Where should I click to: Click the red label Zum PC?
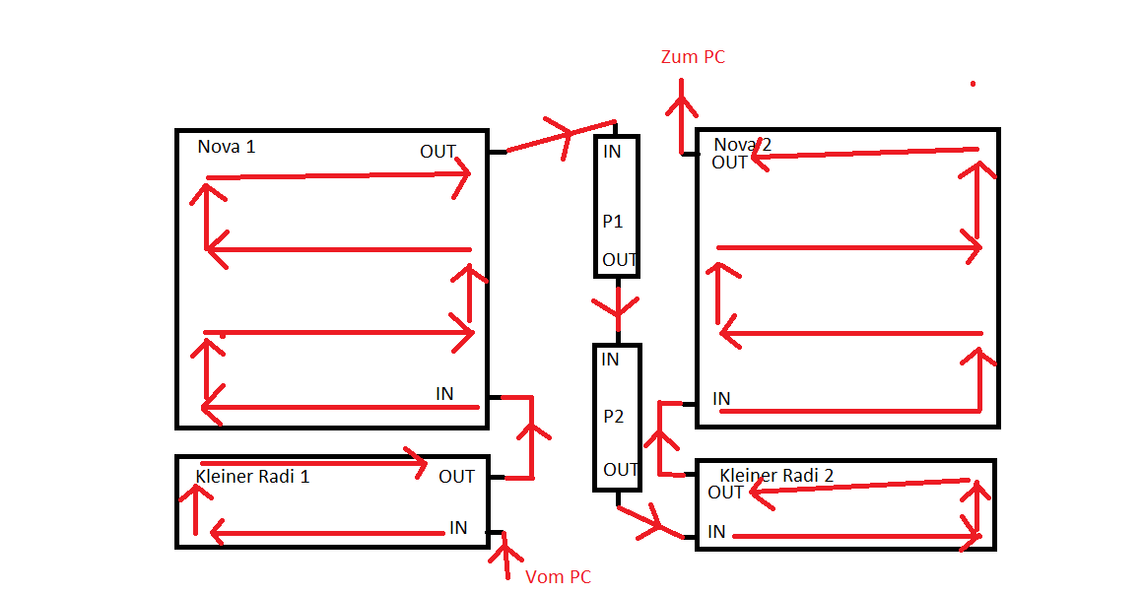coord(693,57)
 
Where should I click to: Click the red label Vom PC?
coord(558,577)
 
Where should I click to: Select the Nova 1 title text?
coord(226,147)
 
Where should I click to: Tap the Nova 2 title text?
coord(742,146)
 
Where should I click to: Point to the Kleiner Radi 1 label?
coord(252,477)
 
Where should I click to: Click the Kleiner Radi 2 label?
coord(776,476)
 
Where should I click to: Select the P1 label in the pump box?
coord(613,222)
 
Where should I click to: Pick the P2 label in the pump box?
coord(614,417)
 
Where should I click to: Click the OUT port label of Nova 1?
coord(437,152)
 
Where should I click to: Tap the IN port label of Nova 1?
coord(444,394)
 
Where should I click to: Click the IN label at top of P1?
coord(612,152)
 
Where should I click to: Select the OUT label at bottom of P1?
coord(620,260)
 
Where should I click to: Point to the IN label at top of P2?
coord(610,360)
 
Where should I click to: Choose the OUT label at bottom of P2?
coord(621,470)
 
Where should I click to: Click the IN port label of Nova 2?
coord(721,399)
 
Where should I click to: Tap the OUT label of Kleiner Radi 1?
coord(456,477)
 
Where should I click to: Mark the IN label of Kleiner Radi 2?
coord(716,532)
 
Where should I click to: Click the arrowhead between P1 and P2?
coord(618,311)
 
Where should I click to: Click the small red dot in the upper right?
coord(973,84)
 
